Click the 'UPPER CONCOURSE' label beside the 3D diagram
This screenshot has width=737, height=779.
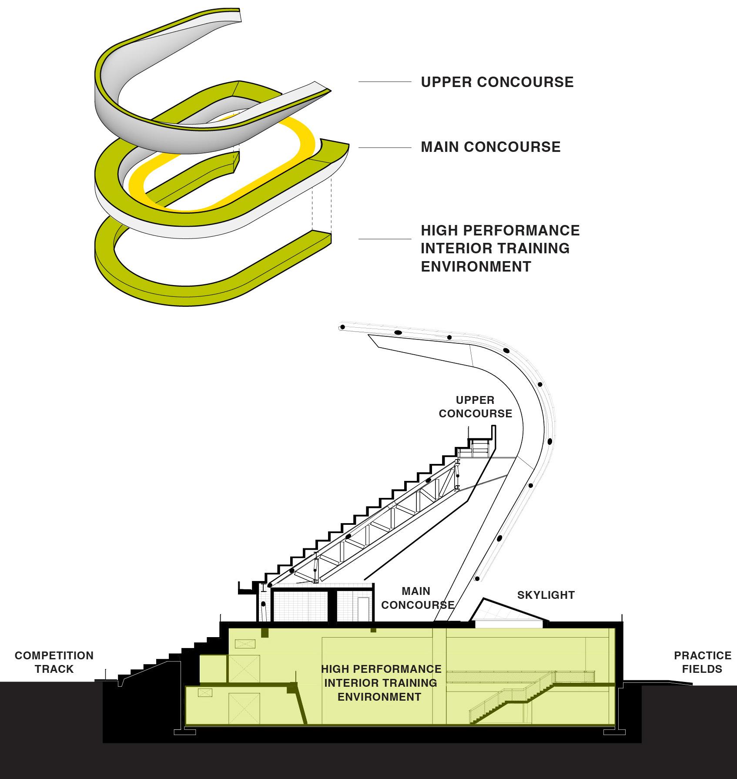(497, 82)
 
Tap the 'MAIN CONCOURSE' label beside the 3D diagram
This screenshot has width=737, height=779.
(490, 147)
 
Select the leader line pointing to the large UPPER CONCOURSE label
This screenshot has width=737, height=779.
(385, 82)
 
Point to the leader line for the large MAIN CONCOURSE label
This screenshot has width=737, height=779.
(385, 148)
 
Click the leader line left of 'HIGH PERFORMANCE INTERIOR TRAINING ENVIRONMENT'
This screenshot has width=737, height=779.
(385, 239)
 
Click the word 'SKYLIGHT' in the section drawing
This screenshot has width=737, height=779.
(546, 595)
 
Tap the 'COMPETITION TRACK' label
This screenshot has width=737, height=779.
(54, 662)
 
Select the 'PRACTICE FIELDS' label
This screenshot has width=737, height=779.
(702, 662)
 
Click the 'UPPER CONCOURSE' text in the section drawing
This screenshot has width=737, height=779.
(475, 406)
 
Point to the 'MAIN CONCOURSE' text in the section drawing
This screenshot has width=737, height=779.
(417, 598)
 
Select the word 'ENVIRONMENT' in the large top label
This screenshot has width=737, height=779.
(476, 266)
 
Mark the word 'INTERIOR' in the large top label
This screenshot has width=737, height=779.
(452, 248)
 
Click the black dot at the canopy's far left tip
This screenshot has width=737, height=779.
(342, 327)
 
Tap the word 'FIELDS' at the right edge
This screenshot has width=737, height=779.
(702, 669)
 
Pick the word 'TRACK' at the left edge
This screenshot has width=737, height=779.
(54, 669)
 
